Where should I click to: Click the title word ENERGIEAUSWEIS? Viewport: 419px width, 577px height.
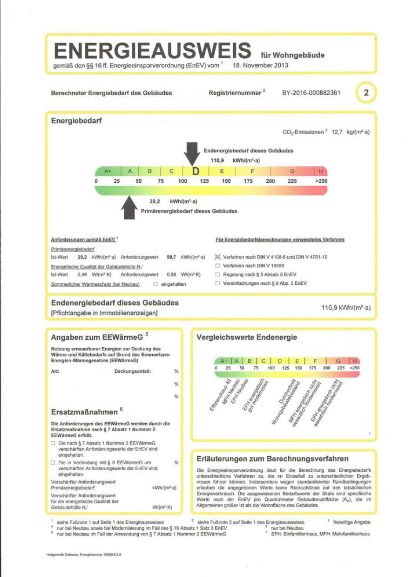(x=152, y=50)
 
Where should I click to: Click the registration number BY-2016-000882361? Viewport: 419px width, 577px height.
(x=311, y=93)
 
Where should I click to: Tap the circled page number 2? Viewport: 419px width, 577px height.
(x=366, y=93)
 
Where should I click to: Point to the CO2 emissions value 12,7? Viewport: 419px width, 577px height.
(x=337, y=132)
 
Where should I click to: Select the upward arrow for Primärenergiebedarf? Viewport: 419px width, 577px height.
(x=128, y=208)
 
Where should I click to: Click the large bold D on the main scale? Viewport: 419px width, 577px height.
(x=196, y=171)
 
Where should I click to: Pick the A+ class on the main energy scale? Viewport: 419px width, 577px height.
(x=108, y=171)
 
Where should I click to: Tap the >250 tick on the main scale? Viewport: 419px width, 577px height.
(x=321, y=181)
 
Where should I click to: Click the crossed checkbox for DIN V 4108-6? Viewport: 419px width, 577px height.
(x=217, y=257)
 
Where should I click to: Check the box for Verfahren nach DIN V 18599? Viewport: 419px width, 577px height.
(x=217, y=266)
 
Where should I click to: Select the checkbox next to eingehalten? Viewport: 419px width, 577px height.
(x=155, y=283)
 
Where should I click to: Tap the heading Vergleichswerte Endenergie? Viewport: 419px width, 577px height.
(x=247, y=337)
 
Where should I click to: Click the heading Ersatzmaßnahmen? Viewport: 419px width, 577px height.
(x=84, y=412)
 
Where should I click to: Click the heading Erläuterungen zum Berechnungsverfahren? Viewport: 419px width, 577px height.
(x=272, y=459)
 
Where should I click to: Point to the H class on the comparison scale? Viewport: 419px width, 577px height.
(x=355, y=361)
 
